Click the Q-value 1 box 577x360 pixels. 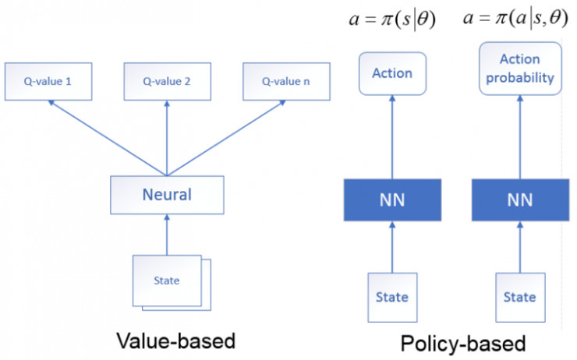[48, 81]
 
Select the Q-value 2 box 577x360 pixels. [168, 81]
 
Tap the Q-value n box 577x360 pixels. [286, 81]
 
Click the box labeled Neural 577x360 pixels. [167, 195]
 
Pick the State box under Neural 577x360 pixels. [167, 281]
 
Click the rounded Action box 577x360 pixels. [393, 73]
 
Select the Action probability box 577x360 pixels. [520, 69]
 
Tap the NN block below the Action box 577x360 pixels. [393, 200]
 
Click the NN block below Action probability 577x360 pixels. [520, 200]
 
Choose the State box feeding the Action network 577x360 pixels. [393, 298]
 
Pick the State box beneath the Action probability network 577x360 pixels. [520, 298]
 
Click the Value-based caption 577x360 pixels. [176, 341]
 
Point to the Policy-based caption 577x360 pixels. [463, 344]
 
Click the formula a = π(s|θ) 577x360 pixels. [392, 19]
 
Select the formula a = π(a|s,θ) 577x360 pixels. [515, 19]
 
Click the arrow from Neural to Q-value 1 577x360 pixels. [108, 138]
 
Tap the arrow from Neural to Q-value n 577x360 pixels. [227, 138]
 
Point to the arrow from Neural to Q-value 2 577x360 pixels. [167, 138]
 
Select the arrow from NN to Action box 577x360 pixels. [392, 137]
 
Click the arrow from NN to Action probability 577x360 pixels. [520, 137]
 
